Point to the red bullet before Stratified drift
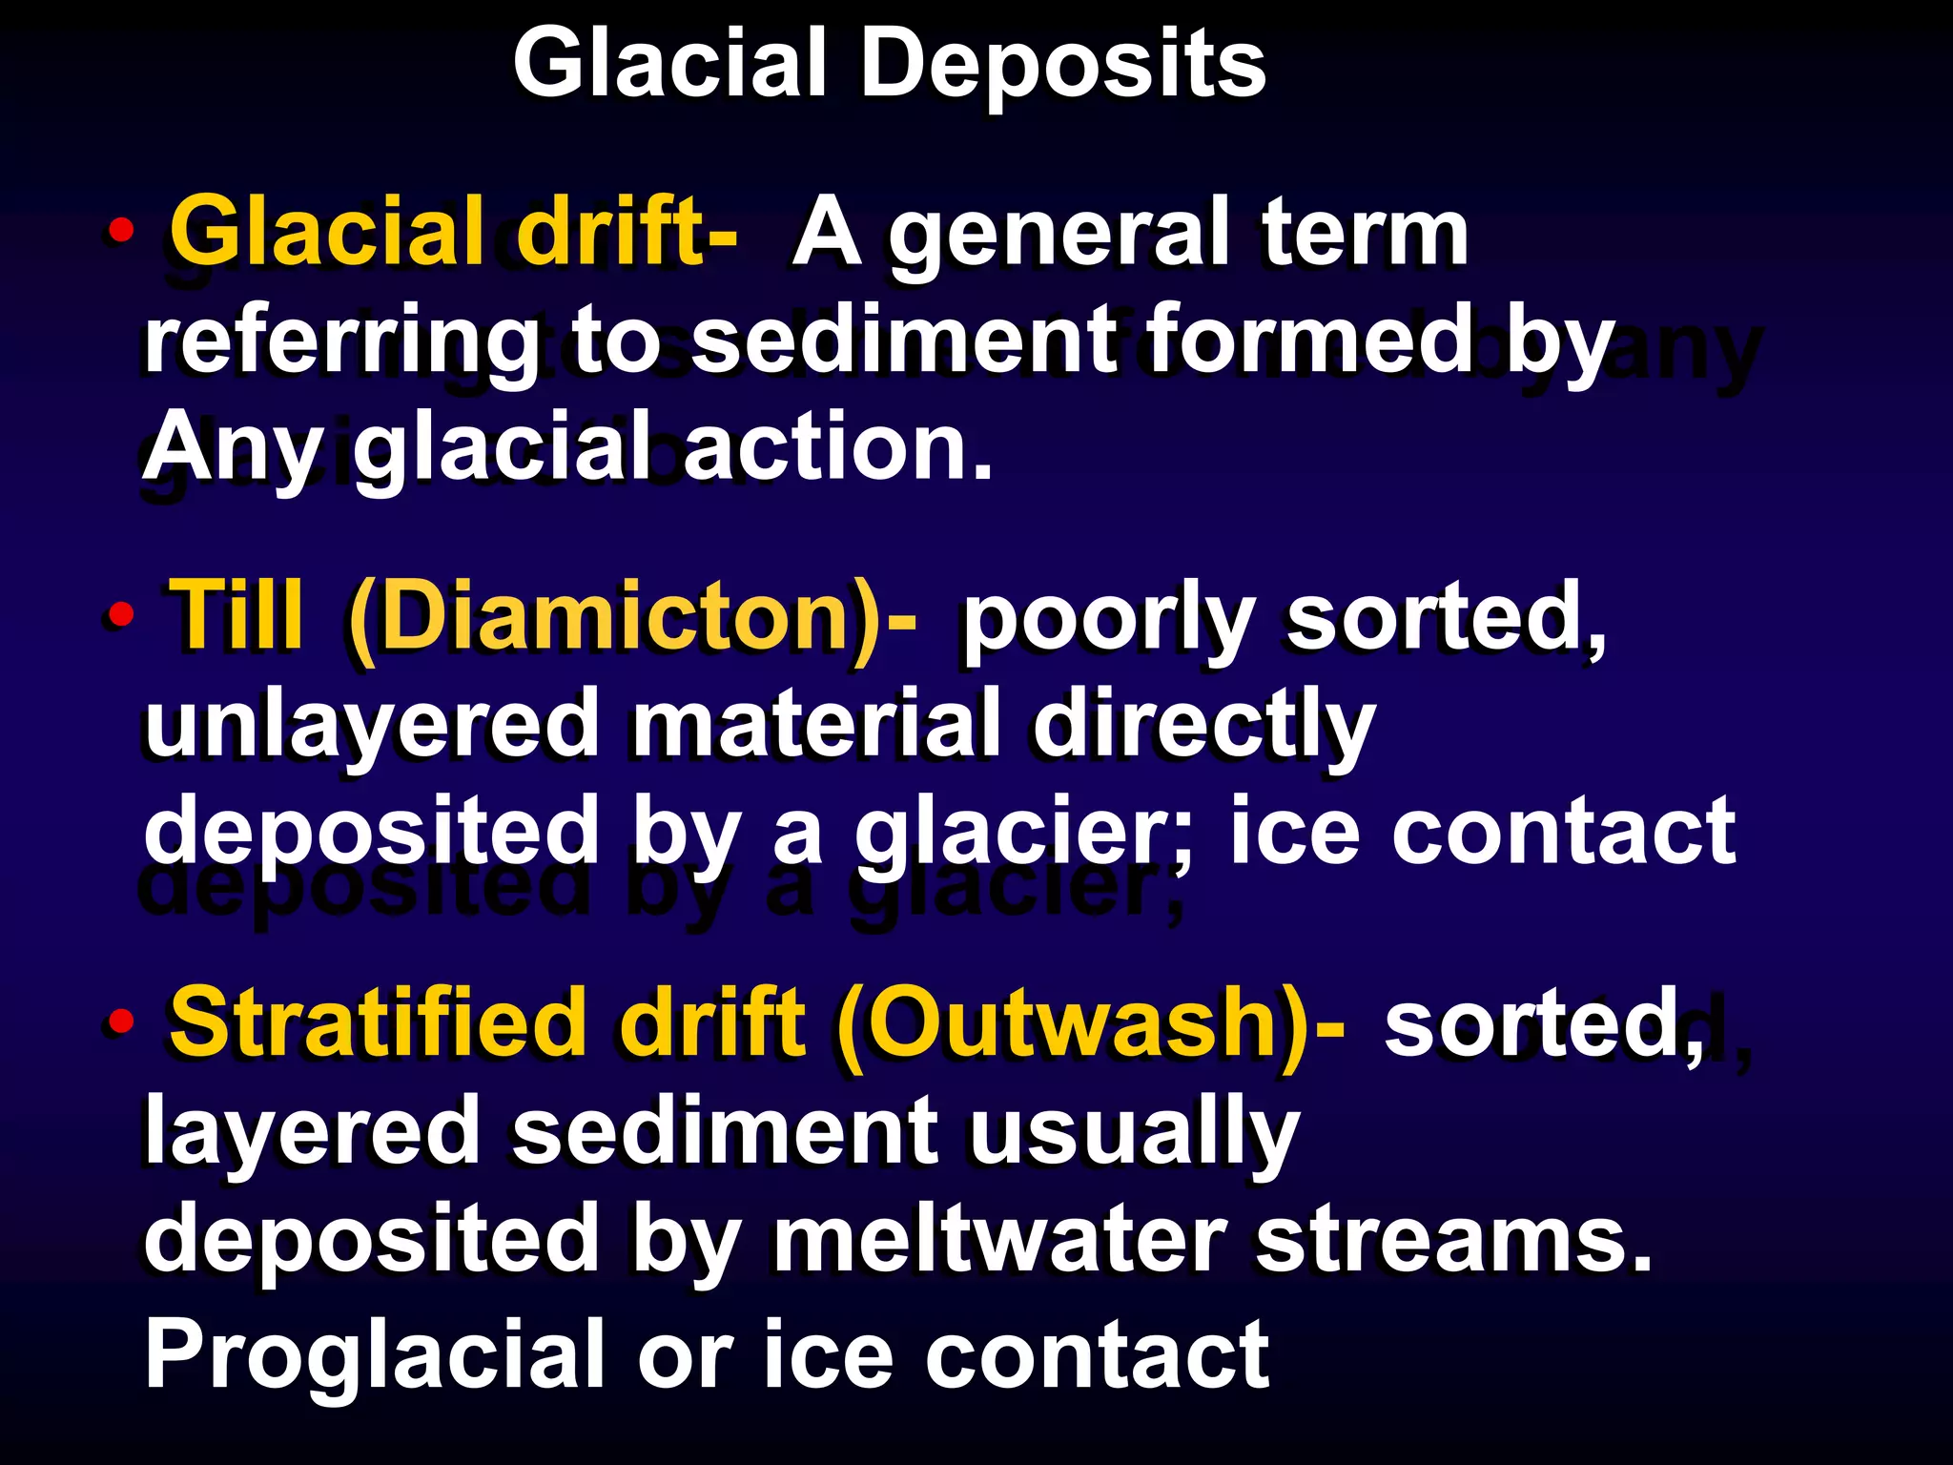120,1021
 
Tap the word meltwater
997,1239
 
